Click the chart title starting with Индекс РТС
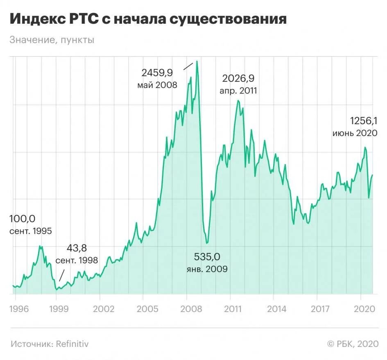(148, 19)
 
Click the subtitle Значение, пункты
(52, 40)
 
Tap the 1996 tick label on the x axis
(18, 308)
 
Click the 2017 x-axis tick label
(320, 308)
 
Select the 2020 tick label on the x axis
(363, 308)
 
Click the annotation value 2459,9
(157, 73)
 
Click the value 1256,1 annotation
(363, 121)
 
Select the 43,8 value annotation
(77, 248)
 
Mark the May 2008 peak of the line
(197, 61)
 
